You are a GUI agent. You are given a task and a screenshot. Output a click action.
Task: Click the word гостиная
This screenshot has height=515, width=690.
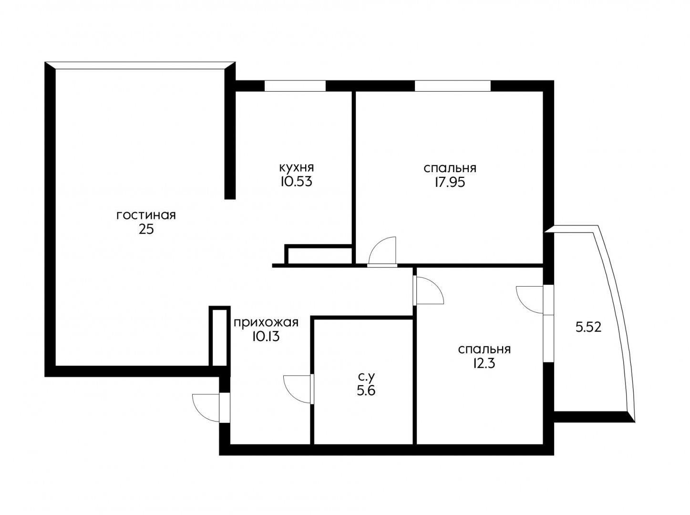click(x=146, y=216)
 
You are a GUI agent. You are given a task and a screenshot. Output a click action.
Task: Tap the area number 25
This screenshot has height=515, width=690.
click(x=146, y=230)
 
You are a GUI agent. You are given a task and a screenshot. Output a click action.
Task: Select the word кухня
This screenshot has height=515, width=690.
click(x=297, y=167)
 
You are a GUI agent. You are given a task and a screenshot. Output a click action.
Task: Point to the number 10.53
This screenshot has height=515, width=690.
click(x=297, y=182)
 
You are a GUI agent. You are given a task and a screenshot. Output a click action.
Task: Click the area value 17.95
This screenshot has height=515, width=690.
click(x=450, y=182)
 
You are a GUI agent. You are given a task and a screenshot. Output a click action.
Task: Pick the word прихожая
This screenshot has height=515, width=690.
click(x=266, y=323)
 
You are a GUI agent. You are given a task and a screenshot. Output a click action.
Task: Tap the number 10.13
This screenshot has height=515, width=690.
click(x=266, y=337)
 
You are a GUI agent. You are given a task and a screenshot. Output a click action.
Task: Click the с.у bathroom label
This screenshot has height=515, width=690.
click(x=367, y=377)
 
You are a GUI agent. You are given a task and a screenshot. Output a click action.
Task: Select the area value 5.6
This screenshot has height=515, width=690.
click(x=366, y=391)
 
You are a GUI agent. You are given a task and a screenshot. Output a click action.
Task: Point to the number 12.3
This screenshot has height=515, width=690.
click(x=484, y=363)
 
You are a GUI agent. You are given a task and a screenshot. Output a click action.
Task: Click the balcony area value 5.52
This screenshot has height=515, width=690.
click(x=588, y=328)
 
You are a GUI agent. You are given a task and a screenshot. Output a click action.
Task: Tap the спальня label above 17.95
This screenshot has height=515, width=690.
click(x=450, y=168)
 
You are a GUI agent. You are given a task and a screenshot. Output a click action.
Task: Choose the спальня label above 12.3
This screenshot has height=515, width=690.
click(x=484, y=350)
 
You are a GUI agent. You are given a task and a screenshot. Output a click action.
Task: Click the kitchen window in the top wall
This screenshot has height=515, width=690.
click(x=295, y=86)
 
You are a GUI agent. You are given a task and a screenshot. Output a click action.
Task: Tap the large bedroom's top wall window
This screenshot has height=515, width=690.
click(x=453, y=86)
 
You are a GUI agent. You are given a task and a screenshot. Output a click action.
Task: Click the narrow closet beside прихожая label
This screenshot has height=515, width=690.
click(x=219, y=336)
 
